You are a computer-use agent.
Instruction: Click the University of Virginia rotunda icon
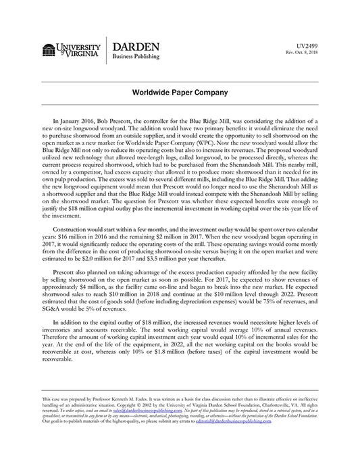[x=49, y=51]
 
